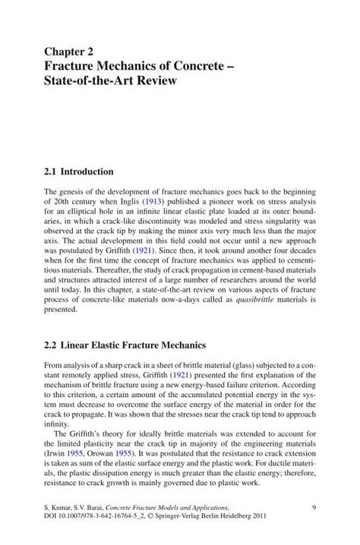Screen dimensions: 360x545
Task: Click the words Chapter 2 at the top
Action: tap(69, 52)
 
